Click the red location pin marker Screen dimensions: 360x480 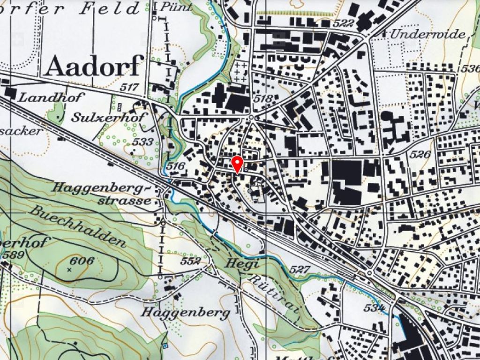pos(238,165)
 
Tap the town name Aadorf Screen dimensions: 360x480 pos(94,66)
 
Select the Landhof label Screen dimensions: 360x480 pos(52,97)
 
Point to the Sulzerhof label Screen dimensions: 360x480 pos(109,118)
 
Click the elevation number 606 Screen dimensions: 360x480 pos(81,261)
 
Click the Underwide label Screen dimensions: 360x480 pos(428,34)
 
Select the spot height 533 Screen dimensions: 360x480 pos(143,142)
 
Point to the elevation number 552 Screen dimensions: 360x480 pos(191,261)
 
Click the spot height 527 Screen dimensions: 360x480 pos(300,270)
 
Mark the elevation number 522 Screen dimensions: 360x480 pos(344,23)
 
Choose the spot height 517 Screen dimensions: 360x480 pos(129,87)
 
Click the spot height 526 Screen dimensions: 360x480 pos(420,154)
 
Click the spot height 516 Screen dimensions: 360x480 pos(176,167)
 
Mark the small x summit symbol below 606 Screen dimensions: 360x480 pos(70,270)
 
